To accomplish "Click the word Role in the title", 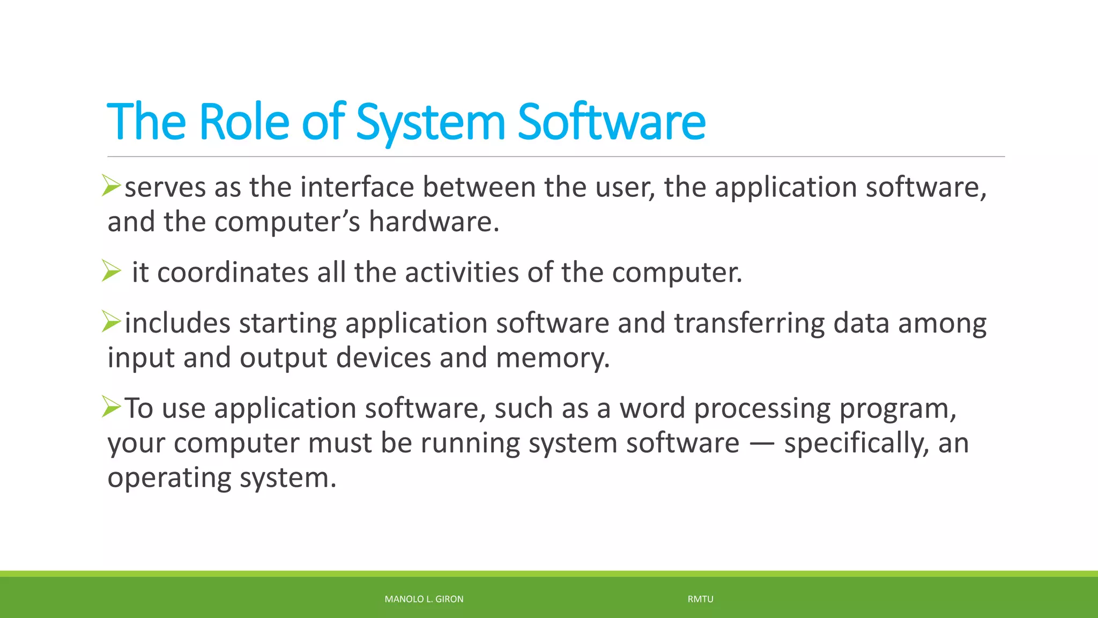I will pyautogui.click(x=244, y=122).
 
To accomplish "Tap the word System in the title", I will pyautogui.click(x=431, y=122).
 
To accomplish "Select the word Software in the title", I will pyautogui.click(x=611, y=122).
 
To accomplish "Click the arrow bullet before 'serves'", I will pyautogui.click(x=112, y=186).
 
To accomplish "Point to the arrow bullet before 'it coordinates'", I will pyautogui.click(x=112, y=271).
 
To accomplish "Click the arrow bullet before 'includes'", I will pyautogui.click(x=112, y=322).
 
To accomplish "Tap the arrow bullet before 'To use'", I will pyautogui.click(x=112, y=407).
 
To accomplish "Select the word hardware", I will pyautogui.click(x=434, y=222).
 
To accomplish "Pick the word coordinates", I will pyautogui.click(x=233, y=272).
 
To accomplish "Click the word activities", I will pyautogui.click(x=462, y=272).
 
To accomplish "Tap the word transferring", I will pyautogui.click(x=749, y=323).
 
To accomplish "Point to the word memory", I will pyautogui.click(x=552, y=358).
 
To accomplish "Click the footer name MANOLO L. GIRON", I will pyautogui.click(x=424, y=599).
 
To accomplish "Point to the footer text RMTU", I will pyautogui.click(x=700, y=599).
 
